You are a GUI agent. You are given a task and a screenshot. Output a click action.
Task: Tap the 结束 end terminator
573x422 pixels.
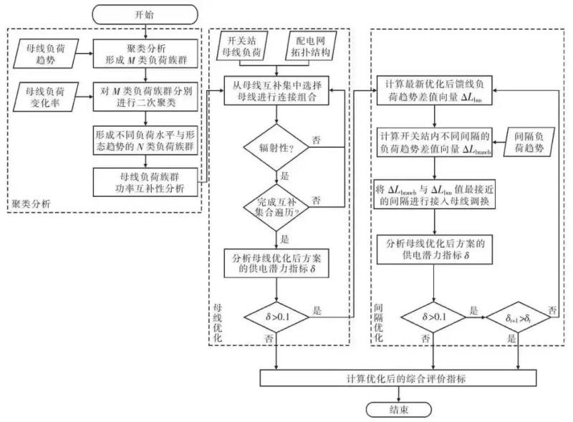click(x=399, y=409)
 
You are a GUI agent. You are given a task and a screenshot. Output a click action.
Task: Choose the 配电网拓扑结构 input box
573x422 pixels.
click(x=310, y=45)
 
